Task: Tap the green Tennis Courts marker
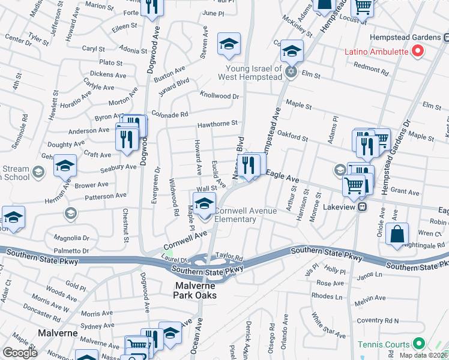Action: pos(418,344)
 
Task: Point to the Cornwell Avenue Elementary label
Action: pos(245,215)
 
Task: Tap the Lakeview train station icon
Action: pos(363,207)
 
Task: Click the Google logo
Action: pos(20,352)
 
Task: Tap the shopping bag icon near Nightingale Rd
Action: pos(397,235)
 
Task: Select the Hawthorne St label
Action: pos(218,124)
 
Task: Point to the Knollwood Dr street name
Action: pos(219,96)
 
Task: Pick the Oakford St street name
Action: pos(292,139)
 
